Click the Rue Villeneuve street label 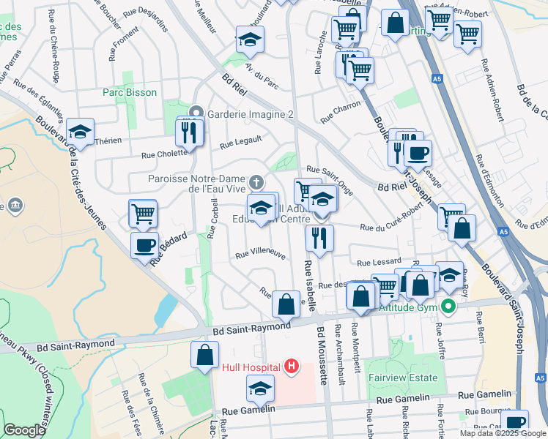click(259, 255)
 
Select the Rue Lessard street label click(379, 262)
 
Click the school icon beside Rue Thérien click(79, 132)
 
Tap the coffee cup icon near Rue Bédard click(144, 244)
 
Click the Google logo click(24, 430)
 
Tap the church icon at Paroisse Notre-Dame click(256, 181)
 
